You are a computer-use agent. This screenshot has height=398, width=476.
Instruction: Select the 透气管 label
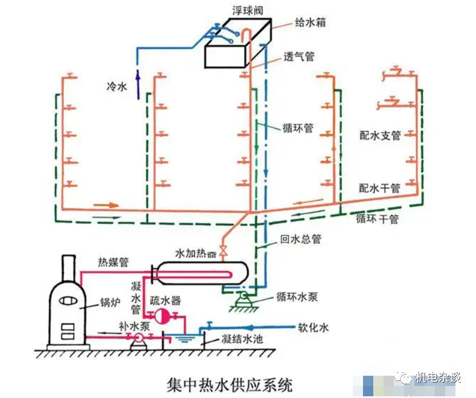(299, 57)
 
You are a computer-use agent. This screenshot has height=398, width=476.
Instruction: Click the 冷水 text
(117, 87)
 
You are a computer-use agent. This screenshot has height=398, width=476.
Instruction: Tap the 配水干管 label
(380, 187)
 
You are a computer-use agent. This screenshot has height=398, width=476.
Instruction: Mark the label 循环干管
(377, 219)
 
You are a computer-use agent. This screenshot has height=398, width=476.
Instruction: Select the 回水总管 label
(300, 240)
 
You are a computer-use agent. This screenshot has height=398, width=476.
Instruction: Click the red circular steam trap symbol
(162, 315)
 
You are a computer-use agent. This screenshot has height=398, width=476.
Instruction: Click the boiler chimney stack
(69, 268)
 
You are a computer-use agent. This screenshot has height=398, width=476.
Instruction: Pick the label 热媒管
(114, 263)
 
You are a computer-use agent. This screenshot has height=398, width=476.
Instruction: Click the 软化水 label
(313, 328)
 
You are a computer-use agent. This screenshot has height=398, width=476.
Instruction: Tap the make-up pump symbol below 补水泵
(138, 338)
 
